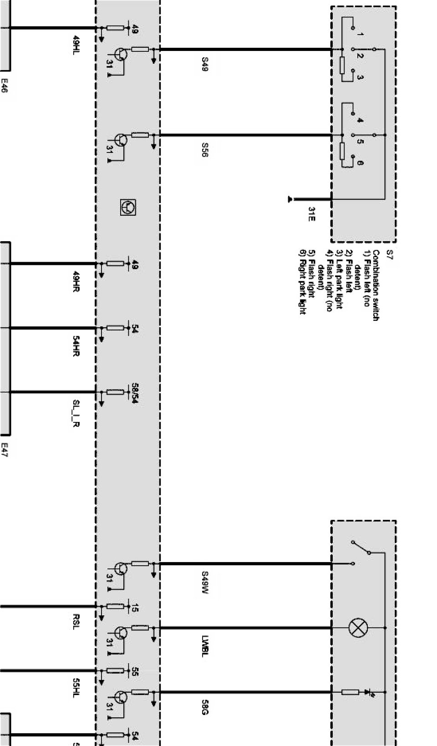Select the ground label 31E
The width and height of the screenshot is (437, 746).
point(312,214)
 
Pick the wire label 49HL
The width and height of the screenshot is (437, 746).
point(76,45)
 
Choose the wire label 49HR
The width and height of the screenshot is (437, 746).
point(76,281)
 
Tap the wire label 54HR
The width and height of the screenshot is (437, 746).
point(76,346)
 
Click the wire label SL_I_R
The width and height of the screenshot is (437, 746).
point(76,413)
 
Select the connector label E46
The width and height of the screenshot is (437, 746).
point(5,85)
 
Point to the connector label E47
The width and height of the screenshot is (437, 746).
point(5,449)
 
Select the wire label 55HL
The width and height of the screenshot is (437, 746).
point(76,688)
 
